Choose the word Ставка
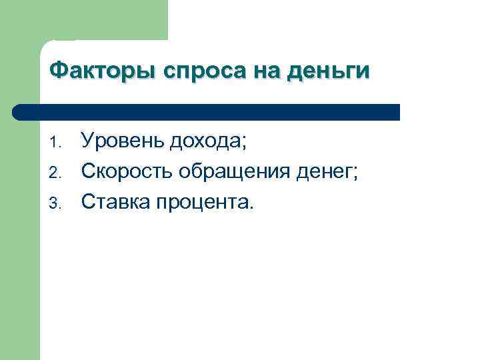pyautogui.click(x=115, y=203)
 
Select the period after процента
pyautogui.click(x=251, y=208)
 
